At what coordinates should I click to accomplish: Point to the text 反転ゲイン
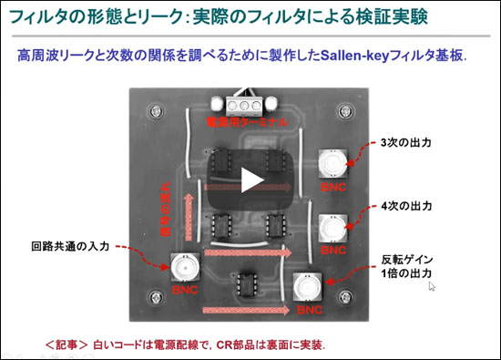pyautogui.click(x=400, y=258)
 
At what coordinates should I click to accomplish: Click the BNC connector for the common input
pyautogui.click(x=186, y=268)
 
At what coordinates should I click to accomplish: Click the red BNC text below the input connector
pyautogui.click(x=186, y=290)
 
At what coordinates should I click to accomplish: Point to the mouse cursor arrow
pyautogui.click(x=432, y=286)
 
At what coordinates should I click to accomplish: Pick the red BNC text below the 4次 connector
pyautogui.click(x=333, y=248)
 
